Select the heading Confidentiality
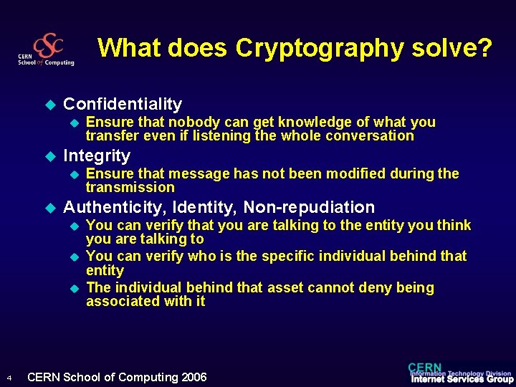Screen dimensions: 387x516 (123, 104)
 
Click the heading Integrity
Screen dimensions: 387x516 (97, 156)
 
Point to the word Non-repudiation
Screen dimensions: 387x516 (309, 207)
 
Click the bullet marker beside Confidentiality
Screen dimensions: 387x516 (49, 105)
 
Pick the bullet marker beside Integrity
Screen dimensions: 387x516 (49, 156)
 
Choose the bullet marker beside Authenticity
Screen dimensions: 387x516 (49, 208)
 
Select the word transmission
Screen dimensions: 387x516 (130, 188)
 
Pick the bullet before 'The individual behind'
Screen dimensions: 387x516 (72, 288)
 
